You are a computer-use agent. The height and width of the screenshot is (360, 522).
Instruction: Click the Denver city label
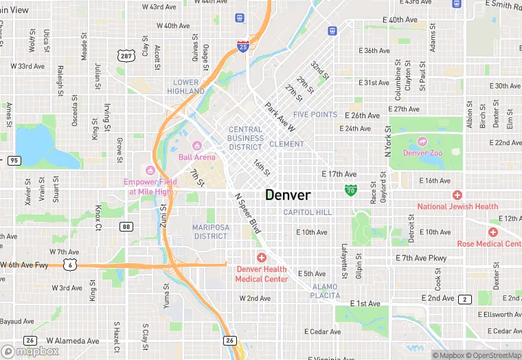click(x=288, y=194)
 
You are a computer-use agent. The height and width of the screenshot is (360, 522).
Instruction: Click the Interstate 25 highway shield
click(x=243, y=47)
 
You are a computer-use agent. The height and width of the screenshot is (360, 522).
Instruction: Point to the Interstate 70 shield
click(x=351, y=189)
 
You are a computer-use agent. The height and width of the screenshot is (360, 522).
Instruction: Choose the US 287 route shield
click(x=124, y=55)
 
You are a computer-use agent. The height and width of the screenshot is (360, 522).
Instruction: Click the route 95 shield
click(x=14, y=161)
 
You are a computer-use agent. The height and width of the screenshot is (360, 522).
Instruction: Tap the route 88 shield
click(x=125, y=226)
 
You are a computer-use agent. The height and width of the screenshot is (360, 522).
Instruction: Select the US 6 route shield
click(x=69, y=264)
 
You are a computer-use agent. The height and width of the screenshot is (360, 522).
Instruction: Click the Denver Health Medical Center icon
click(x=262, y=257)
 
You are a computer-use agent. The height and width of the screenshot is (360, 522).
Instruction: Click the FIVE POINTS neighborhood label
click(x=315, y=115)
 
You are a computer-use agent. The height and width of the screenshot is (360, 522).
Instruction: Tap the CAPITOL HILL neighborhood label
click(x=307, y=212)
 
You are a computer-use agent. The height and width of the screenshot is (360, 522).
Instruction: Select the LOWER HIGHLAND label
click(x=185, y=87)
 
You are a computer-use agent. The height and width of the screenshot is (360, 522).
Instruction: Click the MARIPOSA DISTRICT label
click(x=201, y=232)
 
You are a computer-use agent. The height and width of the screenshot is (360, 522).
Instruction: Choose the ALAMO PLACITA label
click(x=326, y=291)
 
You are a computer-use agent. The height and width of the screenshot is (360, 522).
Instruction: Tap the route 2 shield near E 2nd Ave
click(x=466, y=299)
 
